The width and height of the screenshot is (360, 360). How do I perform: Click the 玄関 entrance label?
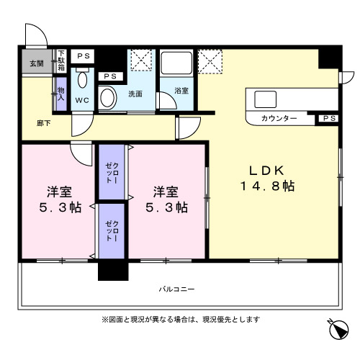pos(36,63)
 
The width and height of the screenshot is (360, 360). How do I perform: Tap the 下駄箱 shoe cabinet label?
pos(61,60)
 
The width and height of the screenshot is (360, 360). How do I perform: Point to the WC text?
pos(82,100)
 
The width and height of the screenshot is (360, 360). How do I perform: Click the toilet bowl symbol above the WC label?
pos(82,80)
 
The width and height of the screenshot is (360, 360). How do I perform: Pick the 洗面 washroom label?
pos(135,94)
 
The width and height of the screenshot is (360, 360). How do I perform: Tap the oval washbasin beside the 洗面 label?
pos(109,96)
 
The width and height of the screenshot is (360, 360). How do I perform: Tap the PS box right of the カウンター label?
pos(328,118)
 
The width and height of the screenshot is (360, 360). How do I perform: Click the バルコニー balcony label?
pos(177,289)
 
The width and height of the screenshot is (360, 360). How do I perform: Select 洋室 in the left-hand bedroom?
pos(59,192)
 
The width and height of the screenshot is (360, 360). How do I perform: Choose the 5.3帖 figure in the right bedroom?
pos(168,207)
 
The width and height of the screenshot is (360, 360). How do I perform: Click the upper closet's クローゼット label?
pos(112,174)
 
